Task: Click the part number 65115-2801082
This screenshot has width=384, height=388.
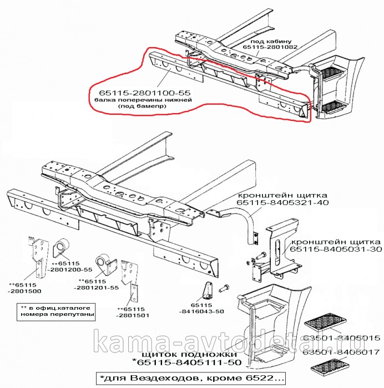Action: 270,47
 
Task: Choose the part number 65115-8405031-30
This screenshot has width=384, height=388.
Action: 336,251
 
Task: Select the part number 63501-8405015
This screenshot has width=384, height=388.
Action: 341,338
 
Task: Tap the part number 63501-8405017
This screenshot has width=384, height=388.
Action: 341,351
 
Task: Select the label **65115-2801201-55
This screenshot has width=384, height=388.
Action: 99,284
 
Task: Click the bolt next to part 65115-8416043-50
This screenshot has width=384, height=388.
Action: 224,288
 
